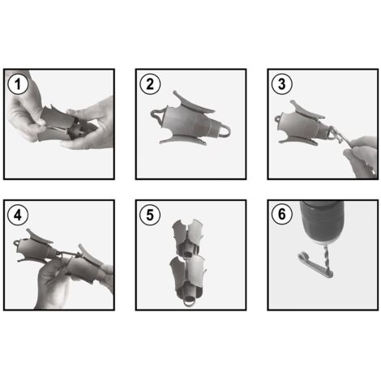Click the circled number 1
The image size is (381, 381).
coord(18,83)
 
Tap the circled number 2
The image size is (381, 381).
coord(150,83)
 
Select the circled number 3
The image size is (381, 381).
coord(282,83)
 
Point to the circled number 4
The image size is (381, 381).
coord(18,215)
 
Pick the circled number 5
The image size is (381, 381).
coord(150,215)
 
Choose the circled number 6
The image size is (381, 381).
coord(282,215)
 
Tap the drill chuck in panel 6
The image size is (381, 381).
coord(322,222)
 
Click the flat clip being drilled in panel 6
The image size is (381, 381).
coord(315,265)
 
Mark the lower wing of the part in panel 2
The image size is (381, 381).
coord(184,141)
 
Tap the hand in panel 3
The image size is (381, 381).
coord(362,156)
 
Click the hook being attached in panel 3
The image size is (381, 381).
coord(334,135)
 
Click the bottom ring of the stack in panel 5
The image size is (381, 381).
coord(190,301)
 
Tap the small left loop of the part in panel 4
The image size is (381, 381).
coord(17,242)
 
